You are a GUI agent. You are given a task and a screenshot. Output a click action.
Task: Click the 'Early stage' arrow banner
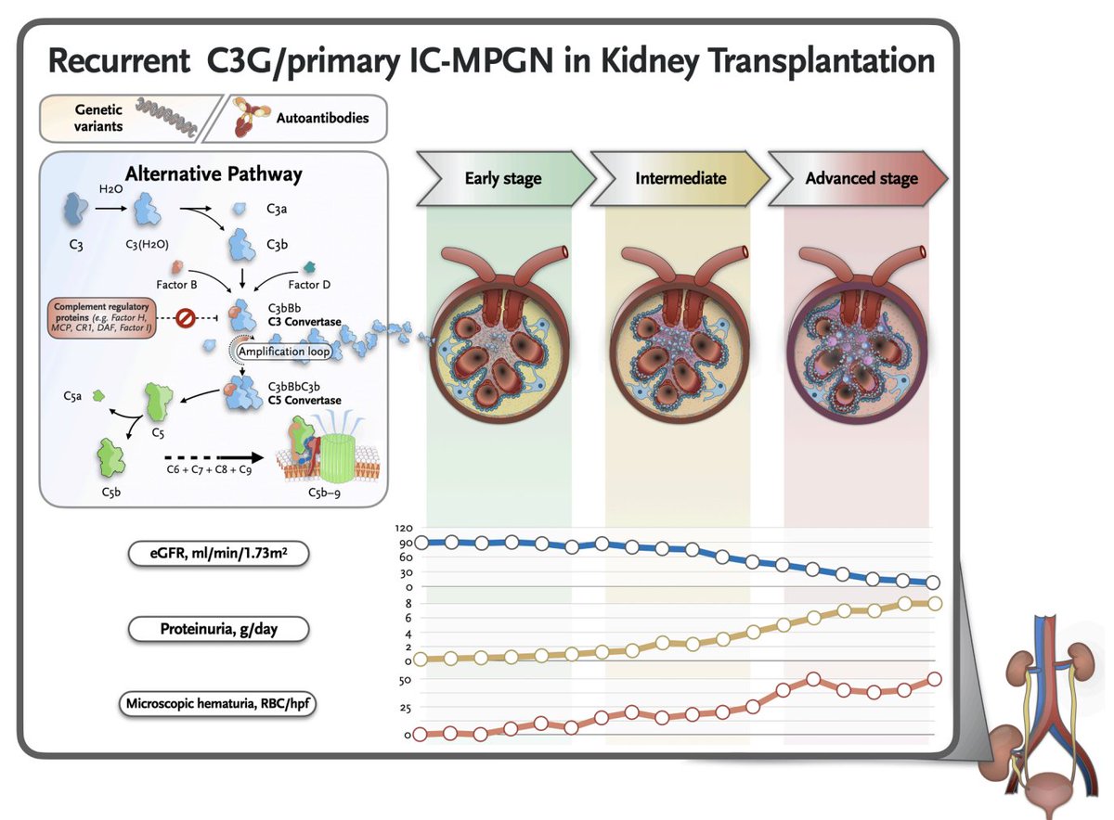coord(502,178)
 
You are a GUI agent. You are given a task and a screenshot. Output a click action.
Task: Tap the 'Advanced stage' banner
coord(861,178)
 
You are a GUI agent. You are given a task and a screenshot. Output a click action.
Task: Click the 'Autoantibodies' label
coord(322,118)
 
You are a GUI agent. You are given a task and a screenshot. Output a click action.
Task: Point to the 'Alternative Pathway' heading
coord(214,173)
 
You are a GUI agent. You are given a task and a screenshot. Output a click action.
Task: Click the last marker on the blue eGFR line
coord(934,583)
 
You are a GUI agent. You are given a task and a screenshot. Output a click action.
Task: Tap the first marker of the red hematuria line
coord(420,735)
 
